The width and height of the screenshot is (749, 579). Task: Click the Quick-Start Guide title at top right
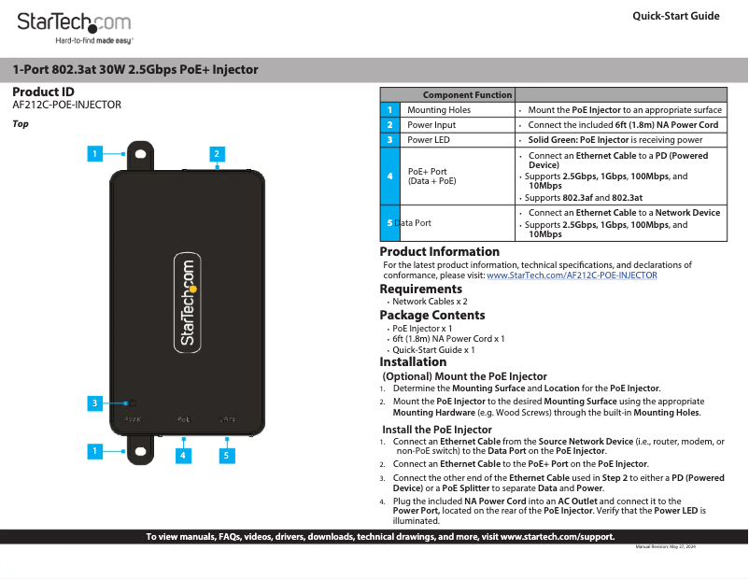coord(675,16)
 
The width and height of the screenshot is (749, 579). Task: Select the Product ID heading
coord(43,92)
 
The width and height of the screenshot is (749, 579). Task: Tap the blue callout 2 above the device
coord(216,153)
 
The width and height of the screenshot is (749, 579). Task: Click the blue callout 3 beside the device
coord(94,403)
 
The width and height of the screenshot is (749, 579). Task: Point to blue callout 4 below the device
coord(184,456)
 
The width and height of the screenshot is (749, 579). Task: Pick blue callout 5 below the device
coord(225,456)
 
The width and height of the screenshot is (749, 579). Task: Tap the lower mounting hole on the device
coord(140,452)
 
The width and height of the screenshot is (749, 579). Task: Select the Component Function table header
coord(467,95)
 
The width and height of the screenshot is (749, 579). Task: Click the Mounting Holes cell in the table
coord(439,110)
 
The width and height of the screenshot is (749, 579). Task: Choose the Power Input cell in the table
coord(431,125)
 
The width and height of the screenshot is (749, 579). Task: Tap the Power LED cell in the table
coord(429,140)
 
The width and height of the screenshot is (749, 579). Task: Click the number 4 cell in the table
coord(389,176)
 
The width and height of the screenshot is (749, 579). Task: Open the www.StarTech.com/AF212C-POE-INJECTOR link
coord(572,275)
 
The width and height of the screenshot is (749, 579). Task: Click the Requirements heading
coord(421,289)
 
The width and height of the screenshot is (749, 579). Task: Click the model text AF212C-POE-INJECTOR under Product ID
coord(67,106)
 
